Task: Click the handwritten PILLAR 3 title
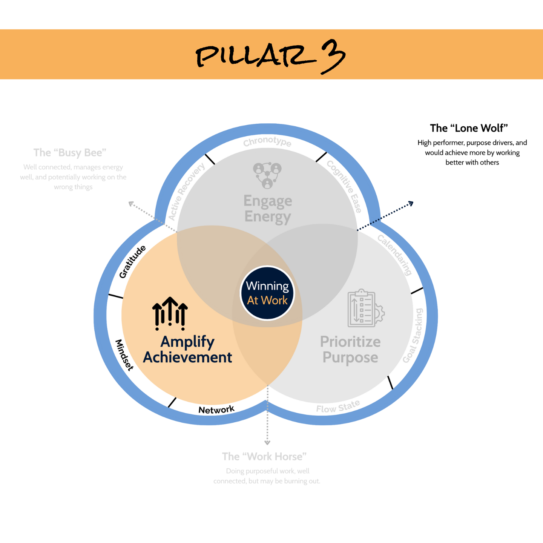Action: pyautogui.click(x=270, y=56)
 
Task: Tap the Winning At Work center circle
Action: pyautogui.click(x=267, y=293)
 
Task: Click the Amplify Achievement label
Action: pyautogui.click(x=187, y=349)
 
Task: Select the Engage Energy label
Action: pyautogui.click(x=268, y=209)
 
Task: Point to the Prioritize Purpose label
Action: pyautogui.click(x=350, y=350)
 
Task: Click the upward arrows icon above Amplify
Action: pyautogui.click(x=170, y=313)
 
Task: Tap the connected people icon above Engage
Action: pyautogui.click(x=267, y=175)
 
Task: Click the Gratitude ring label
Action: pyautogui.click(x=132, y=262)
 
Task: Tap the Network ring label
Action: pyautogui.click(x=216, y=410)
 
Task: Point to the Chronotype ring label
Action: pyautogui.click(x=267, y=142)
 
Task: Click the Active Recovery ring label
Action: pyautogui.click(x=186, y=192)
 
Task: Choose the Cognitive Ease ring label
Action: pyautogui.click(x=344, y=186)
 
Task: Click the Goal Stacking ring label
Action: pyautogui.click(x=413, y=336)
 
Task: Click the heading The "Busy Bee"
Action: pyautogui.click(x=70, y=153)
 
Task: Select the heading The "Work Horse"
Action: pyautogui.click(x=264, y=457)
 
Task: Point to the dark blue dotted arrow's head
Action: pyautogui.click(x=412, y=204)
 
